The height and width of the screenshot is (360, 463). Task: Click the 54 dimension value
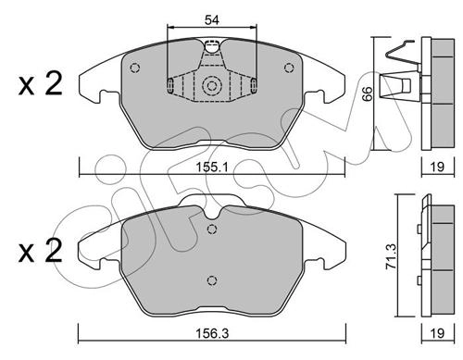212,20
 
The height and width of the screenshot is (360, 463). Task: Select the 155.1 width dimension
212,168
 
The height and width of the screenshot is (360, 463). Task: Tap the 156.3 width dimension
212,333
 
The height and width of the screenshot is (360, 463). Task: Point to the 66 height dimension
368,93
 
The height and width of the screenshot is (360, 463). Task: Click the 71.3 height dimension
392,255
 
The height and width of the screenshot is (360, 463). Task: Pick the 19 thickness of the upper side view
437,167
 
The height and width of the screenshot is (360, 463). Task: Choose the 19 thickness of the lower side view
437,333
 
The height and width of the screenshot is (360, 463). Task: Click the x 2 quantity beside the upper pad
40,83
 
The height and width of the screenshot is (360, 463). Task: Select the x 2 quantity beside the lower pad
40,251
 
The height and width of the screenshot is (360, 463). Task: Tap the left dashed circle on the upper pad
135,68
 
